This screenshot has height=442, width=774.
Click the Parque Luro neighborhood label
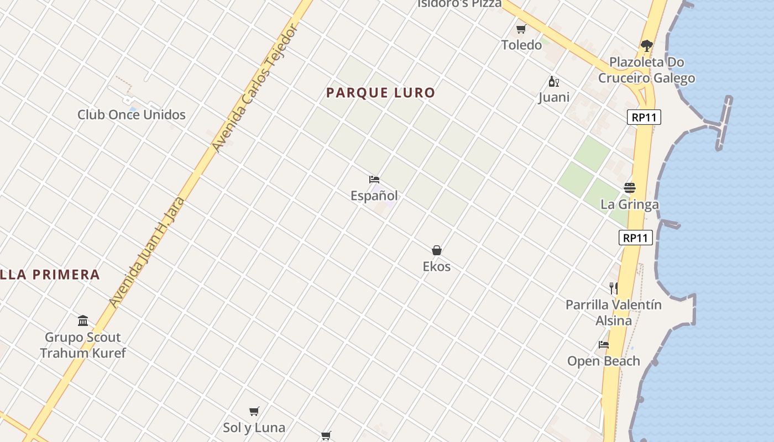[380, 93]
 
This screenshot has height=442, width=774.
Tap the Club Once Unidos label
[132, 115]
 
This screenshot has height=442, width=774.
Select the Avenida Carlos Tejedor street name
[255, 88]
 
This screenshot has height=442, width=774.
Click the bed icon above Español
[374, 180]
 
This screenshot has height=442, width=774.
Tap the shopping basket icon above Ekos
[437, 250]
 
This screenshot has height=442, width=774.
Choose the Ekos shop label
[437, 267]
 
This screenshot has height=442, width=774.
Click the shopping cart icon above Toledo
[521, 29]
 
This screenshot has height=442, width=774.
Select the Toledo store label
[521, 45]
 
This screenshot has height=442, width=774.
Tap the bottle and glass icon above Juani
[553, 82]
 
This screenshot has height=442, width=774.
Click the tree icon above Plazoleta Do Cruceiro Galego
[647, 45]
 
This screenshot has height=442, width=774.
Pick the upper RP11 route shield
[644, 117]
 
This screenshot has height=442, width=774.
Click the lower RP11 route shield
[636, 238]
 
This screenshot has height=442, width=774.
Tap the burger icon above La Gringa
[630, 188]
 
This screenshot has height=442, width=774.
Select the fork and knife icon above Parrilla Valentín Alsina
[613, 288]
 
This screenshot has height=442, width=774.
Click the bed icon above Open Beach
[604, 345]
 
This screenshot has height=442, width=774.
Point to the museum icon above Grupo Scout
[83, 320]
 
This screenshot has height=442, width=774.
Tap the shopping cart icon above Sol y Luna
[254, 411]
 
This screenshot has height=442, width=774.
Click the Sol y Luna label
[254, 428]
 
